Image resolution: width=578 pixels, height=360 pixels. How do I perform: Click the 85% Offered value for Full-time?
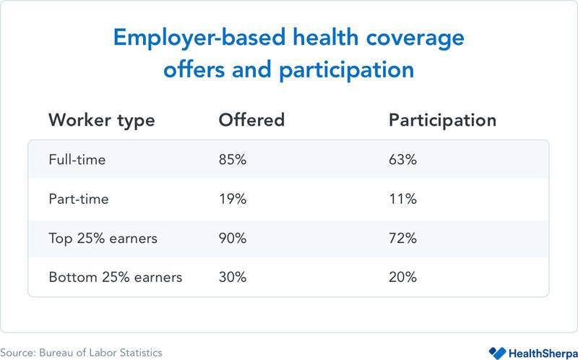[233, 160]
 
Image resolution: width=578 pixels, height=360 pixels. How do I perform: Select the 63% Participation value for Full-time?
[403, 160]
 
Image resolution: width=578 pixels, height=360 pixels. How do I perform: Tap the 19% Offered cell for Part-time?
[232, 199]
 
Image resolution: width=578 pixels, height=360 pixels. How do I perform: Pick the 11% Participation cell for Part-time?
[402, 199]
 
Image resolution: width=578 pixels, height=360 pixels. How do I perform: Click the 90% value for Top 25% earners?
[233, 238]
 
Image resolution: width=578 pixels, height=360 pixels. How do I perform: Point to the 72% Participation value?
[403, 238]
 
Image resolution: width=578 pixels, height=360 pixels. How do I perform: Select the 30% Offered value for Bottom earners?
[233, 277]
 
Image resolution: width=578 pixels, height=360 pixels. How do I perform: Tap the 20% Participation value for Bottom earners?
[403, 277]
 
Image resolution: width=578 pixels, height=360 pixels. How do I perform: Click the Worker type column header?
[101, 120]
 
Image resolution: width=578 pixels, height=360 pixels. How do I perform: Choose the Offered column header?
[252, 119]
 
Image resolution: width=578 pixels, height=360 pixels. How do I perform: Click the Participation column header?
[442, 120]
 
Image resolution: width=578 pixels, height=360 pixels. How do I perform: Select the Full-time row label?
[77, 160]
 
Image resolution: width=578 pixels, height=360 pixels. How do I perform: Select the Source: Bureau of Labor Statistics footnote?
[81, 352]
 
